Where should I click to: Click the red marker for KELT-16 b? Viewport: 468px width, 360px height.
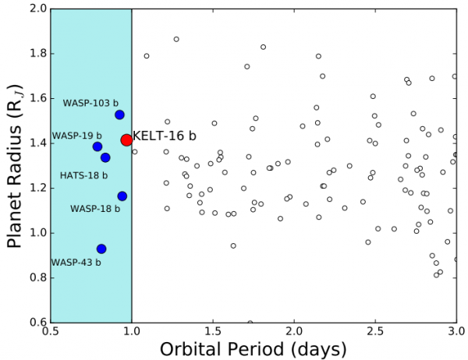(126, 139)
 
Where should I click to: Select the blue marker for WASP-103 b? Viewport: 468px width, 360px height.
(119, 115)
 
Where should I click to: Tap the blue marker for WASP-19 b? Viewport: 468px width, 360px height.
(97, 146)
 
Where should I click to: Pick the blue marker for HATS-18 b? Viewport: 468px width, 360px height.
(105, 157)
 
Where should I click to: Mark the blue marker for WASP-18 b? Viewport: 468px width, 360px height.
(122, 196)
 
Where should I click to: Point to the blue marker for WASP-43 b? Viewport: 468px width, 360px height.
(101, 249)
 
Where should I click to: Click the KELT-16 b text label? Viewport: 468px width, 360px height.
(165, 136)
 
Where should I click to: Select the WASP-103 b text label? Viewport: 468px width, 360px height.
(90, 103)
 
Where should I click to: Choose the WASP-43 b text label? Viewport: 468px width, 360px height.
(76, 263)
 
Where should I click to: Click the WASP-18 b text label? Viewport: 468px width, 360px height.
(95, 209)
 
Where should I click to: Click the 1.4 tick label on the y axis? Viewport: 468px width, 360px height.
(35, 143)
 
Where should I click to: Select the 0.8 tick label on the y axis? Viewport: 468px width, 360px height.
(35, 277)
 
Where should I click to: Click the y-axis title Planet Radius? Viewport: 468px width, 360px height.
(13, 166)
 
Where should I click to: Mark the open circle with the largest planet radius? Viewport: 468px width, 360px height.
(176, 39)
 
